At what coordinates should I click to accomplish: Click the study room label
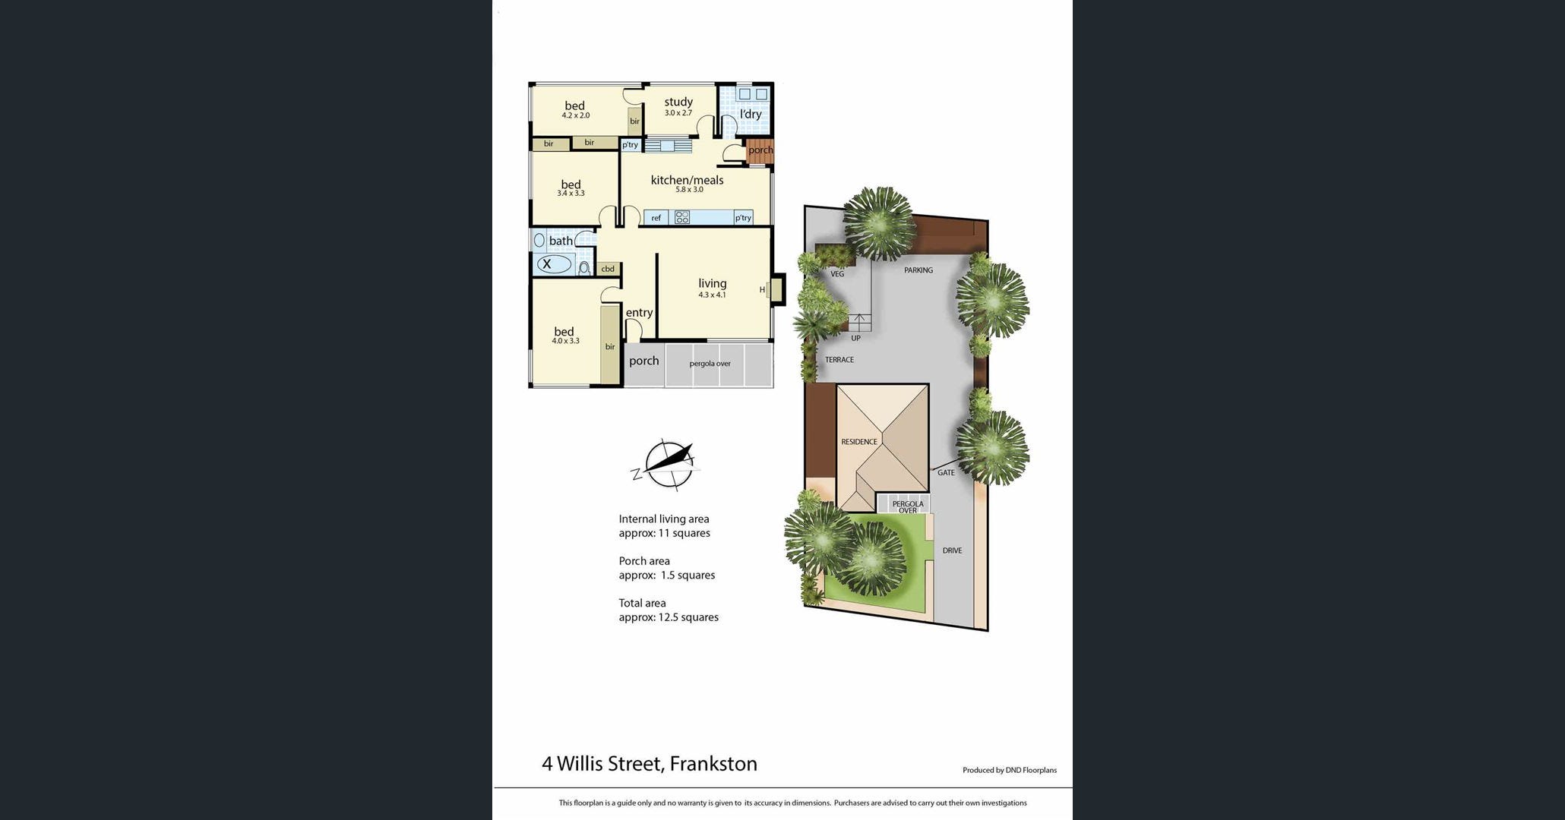coord(678,102)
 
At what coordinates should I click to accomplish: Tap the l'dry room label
coord(751,114)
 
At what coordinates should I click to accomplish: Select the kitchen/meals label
coord(688,180)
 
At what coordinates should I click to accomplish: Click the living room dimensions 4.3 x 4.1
coord(713,295)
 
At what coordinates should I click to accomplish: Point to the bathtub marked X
coord(553,264)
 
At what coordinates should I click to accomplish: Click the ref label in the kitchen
coord(656,218)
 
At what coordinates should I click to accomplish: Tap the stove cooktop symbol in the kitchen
coord(682,217)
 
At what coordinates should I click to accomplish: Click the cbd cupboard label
coord(608,269)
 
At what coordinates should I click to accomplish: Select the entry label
coord(639,313)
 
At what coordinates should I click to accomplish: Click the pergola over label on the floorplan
coord(710,364)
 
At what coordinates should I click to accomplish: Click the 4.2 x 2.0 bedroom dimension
coord(576,115)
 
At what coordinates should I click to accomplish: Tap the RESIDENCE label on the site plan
coord(859,442)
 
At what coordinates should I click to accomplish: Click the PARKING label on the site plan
coord(918,270)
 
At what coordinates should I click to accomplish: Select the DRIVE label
coord(952,550)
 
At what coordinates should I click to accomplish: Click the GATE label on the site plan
coord(946,472)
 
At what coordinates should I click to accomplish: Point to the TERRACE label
coord(839,360)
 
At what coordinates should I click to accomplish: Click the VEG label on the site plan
coord(837,274)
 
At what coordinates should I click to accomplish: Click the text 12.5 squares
coord(688,617)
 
